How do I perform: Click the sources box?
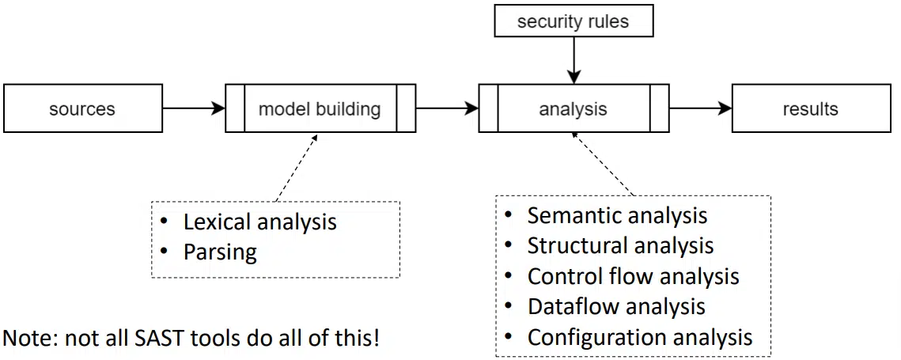tap(83, 108)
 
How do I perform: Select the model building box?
tap(320, 108)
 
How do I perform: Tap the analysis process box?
tap(574, 108)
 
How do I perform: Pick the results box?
tap(812, 108)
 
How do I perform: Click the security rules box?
tap(574, 21)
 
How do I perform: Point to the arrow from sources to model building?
tap(194, 108)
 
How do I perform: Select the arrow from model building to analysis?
tap(447, 108)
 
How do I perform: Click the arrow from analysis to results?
tap(700, 108)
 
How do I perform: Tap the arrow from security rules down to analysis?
tap(574, 60)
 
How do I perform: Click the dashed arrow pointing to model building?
tap(297, 167)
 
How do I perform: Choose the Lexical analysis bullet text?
tap(259, 222)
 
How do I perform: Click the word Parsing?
tap(220, 252)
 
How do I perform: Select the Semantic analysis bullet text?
tap(617, 215)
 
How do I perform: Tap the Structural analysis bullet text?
tap(621, 245)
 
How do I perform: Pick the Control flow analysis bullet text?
tap(633, 276)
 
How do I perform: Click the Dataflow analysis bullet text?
tap(616, 306)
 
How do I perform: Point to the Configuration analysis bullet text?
tap(640, 337)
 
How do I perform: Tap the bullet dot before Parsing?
tap(165, 252)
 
